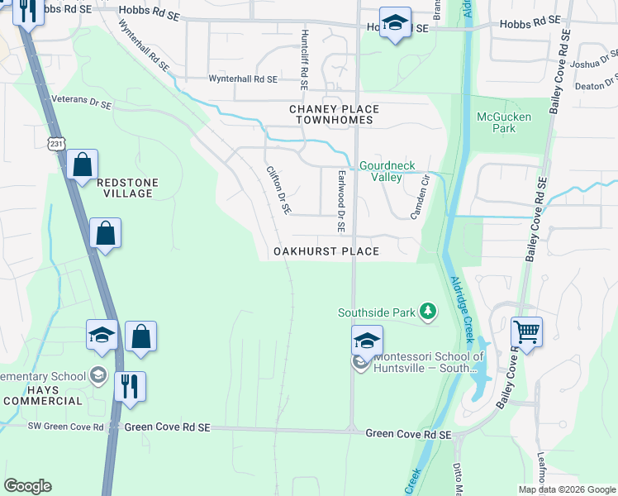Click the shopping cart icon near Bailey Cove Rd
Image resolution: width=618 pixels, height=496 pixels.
point(526,332)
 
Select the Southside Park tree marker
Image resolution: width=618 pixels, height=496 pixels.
point(427,312)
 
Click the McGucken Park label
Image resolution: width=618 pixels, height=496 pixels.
point(503,122)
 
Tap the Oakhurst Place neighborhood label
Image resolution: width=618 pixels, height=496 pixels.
point(326,251)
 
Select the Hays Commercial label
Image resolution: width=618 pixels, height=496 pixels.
point(42,395)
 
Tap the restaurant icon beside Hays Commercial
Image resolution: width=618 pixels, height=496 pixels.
point(130,386)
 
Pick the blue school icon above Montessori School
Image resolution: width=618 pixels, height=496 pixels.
point(368,340)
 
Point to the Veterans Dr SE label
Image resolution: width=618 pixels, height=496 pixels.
point(81,98)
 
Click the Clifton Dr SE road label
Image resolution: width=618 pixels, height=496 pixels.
point(278,190)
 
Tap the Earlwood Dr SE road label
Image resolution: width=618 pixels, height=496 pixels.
point(340,201)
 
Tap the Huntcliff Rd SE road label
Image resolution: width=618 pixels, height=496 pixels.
point(304,60)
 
